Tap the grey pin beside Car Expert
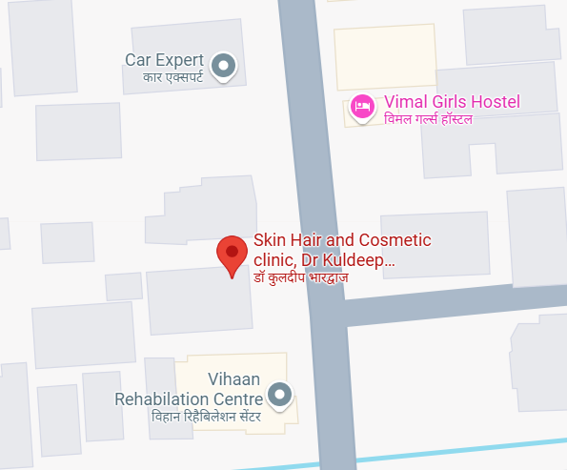(x=224, y=65)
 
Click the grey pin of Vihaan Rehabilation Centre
(x=279, y=393)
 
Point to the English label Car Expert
(x=166, y=60)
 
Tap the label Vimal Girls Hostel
(x=451, y=102)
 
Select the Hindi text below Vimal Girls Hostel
(x=428, y=119)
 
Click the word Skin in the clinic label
(x=270, y=240)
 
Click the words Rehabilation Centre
(x=189, y=398)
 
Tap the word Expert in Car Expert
(x=182, y=60)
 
